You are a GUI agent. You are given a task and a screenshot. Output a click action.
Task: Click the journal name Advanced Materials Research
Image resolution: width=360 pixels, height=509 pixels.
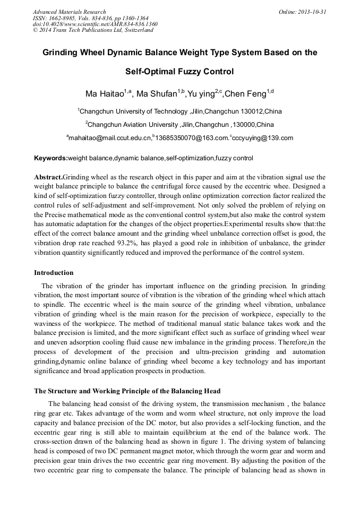(x=69, y=12)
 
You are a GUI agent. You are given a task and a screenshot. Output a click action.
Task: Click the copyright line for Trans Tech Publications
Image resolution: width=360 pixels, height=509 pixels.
(x=93, y=30)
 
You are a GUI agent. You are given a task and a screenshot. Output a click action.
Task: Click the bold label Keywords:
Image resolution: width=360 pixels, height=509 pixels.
(x=50, y=158)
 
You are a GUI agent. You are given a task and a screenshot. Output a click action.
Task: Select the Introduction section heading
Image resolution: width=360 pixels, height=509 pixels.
(x=54, y=273)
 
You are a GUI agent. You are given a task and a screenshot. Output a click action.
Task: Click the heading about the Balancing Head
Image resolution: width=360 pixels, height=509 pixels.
(x=127, y=391)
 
